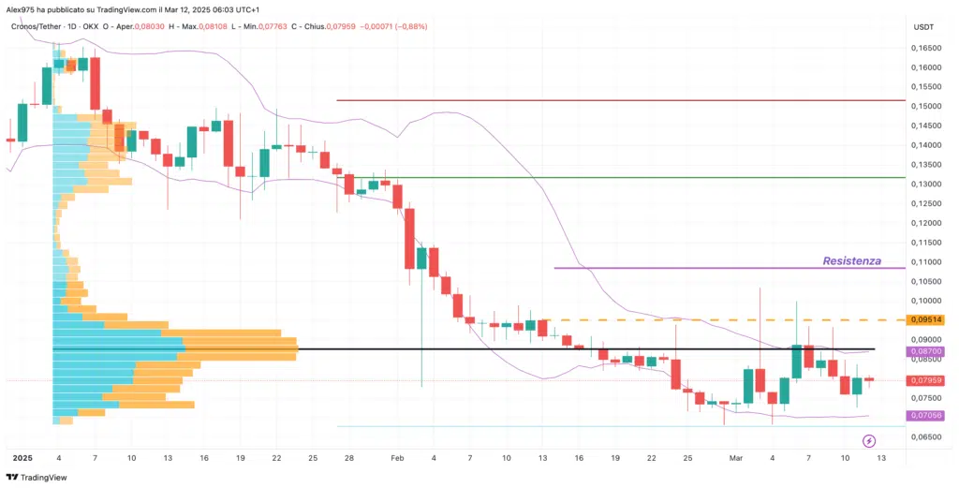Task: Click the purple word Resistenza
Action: point(850,260)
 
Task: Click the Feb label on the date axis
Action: point(397,458)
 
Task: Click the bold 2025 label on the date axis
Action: point(22,458)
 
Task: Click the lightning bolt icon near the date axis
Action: point(868,440)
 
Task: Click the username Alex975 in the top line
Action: point(21,8)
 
